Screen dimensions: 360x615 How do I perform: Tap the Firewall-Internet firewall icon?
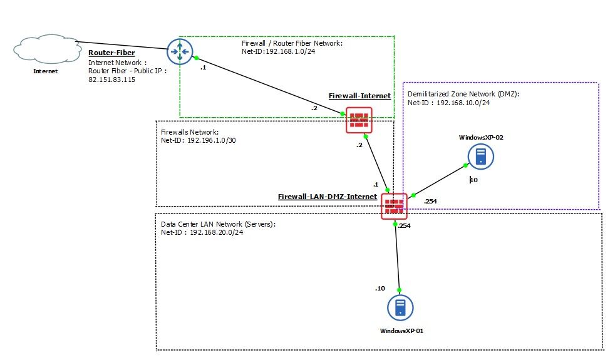coord(359,120)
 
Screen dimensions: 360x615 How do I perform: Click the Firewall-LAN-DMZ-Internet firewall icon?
coord(394,206)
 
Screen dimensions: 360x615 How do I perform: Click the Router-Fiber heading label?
coord(111,53)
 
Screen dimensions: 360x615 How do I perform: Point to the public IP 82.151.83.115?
coord(112,80)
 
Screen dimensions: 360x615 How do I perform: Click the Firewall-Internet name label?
coord(359,96)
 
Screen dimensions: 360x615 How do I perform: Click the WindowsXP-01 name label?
coord(401,330)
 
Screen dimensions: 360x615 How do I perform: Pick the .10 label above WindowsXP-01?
coord(380,288)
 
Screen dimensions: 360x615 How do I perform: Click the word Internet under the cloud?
coord(45,71)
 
